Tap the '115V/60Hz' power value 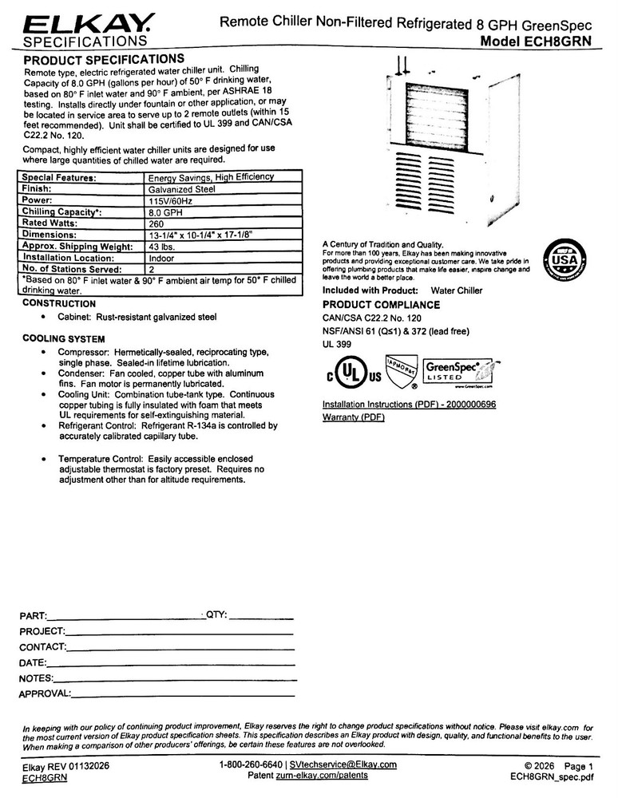172,201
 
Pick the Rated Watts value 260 156,224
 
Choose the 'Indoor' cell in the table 161,259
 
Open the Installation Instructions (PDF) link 409,405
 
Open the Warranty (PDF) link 353,417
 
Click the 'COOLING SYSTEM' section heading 64,339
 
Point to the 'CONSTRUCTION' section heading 59,304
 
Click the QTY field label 218,614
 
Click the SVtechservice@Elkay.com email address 343,764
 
